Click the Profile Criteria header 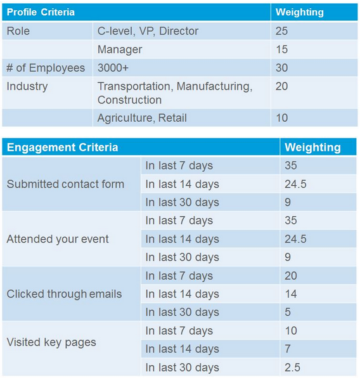point(41,12)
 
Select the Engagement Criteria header point(62,147)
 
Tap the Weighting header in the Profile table point(299,12)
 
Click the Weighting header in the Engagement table point(312,147)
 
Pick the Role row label point(18,31)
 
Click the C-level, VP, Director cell point(148,31)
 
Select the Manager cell point(120,49)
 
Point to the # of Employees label point(46,68)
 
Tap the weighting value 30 point(281,68)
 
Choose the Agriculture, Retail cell point(142,117)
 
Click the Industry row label point(27,86)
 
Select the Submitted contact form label point(65,184)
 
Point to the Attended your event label point(58,239)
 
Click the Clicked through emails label point(64,294)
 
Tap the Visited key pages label point(51,342)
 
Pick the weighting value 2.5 point(292,367)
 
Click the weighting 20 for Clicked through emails point(291,276)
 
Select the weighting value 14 point(290,294)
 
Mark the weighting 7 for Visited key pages point(288,349)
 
